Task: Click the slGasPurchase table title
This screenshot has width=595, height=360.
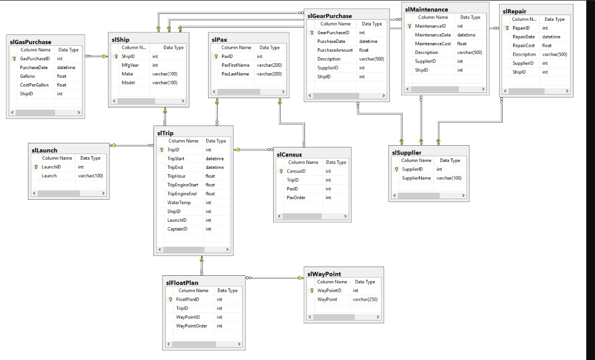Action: point(30,42)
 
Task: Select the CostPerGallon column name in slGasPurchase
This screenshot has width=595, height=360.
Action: point(34,85)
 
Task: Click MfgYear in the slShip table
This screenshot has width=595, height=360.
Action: point(130,66)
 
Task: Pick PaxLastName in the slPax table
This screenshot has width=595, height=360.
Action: point(235,74)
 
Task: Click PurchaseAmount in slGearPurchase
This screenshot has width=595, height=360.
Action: point(335,51)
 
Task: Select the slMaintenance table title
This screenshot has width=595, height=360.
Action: point(426,9)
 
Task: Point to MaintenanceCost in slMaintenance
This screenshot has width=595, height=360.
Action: point(433,44)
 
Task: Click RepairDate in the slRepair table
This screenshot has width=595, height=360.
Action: point(524,37)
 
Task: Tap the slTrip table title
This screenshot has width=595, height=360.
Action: point(165,133)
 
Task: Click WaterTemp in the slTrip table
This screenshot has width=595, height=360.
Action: point(179,203)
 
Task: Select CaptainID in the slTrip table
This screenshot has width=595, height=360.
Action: point(177,229)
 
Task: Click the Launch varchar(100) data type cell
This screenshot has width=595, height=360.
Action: point(90,175)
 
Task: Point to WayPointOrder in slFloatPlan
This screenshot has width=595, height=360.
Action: point(192,326)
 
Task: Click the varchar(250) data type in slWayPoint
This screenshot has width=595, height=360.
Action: point(365,299)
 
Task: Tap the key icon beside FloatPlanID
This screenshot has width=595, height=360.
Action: point(170,300)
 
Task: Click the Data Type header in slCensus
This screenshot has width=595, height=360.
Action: point(336,163)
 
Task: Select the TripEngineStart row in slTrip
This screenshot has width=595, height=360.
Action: point(182,185)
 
